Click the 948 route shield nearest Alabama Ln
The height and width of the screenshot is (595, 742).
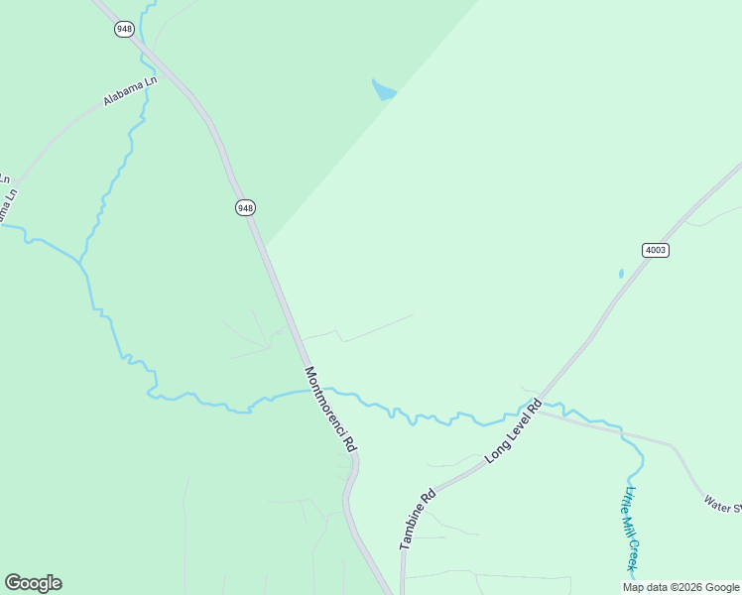(124, 29)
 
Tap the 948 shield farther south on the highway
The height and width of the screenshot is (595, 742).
(246, 207)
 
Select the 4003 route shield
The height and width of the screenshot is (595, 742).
(655, 250)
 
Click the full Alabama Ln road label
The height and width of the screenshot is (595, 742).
(130, 92)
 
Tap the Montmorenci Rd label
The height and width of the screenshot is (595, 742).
(329, 410)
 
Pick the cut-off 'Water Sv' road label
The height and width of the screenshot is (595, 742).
(722, 504)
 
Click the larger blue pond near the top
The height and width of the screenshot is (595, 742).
(383, 90)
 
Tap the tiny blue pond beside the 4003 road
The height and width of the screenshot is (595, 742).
(621, 274)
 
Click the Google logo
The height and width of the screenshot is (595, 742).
(33, 583)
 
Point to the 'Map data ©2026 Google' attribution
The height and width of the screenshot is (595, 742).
(680, 587)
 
